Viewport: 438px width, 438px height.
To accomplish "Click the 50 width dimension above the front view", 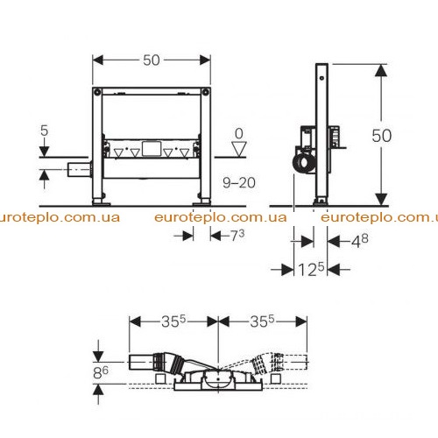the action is coord(152,60).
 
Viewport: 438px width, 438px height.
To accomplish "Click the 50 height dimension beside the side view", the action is coord(381,136).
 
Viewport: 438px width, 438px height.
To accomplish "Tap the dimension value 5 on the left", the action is coord(44,131).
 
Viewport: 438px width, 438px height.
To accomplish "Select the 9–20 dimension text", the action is coord(239,183).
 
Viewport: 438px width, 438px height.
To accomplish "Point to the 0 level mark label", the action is coord(239,134).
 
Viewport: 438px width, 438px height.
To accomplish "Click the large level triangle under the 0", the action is coord(239,149).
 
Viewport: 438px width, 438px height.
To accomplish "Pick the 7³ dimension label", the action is coord(237,235).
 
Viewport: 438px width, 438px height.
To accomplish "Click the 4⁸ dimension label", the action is coord(359,241).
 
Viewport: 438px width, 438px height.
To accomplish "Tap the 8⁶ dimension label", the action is coord(101,372).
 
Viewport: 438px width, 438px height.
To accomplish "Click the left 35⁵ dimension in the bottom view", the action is coord(173,321).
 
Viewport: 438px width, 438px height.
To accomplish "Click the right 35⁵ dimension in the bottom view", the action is coord(262,321).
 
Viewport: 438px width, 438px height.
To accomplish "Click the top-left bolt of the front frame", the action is coord(97,92).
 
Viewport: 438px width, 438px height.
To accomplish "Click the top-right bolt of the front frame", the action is coord(206,92).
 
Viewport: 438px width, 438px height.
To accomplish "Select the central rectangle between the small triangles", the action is coord(152,149).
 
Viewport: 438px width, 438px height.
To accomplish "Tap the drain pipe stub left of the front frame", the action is coord(79,169).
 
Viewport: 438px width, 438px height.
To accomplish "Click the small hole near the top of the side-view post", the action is coord(321,78).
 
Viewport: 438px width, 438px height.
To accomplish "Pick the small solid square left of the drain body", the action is coord(160,378).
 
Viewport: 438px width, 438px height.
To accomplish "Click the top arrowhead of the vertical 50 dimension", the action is coord(381,70).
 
